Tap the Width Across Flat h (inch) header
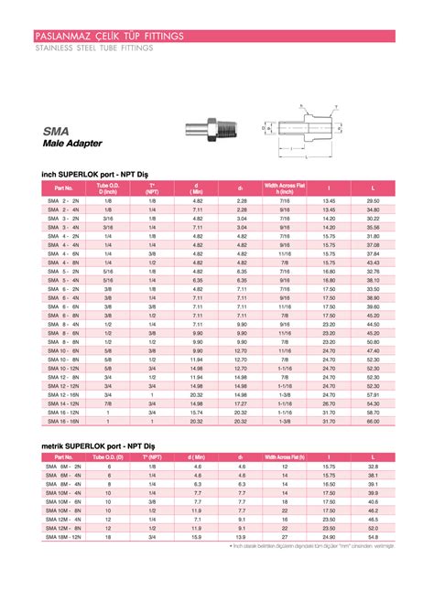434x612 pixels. pos(285,188)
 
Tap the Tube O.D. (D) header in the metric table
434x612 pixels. pos(108,456)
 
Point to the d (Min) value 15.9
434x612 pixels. pos(196,536)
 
